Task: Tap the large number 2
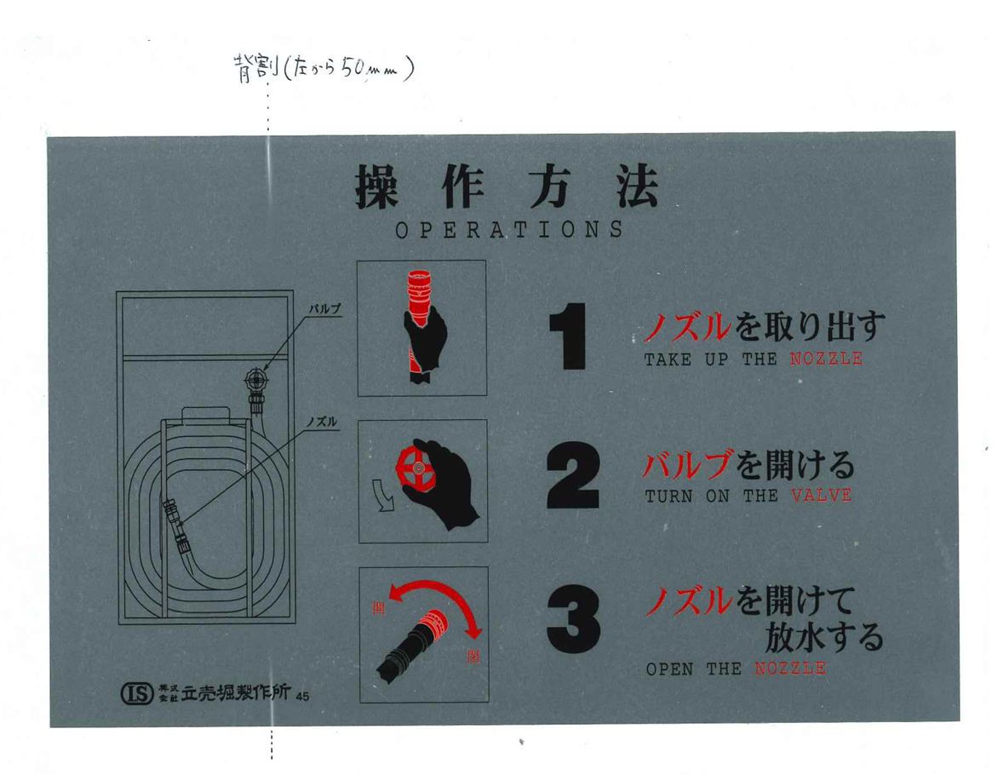tap(572, 475)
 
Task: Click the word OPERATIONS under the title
tap(509, 230)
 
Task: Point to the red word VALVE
tap(822, 496)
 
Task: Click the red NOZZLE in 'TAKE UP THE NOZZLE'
tap(826, 359)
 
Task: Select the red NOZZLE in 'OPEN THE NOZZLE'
tap(790, 669)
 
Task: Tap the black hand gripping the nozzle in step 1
tap(424, 342)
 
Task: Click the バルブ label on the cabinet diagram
tap(325, 309)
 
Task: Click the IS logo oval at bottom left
tap(138, 693)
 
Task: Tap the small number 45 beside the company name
tap(302, 696)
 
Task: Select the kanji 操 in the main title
tap(377, 186)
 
